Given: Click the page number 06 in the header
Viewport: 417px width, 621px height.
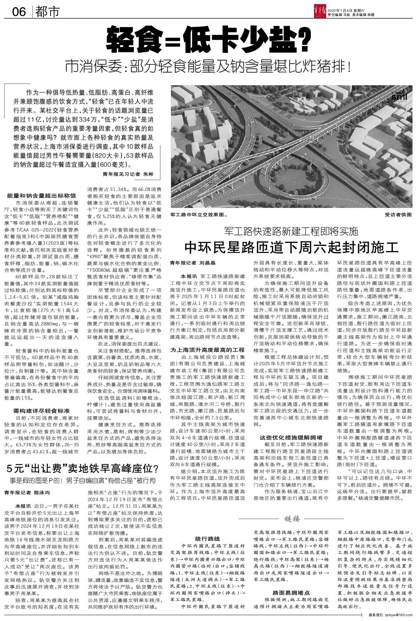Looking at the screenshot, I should (19, 12).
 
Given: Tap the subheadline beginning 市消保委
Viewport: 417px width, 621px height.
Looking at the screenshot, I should (208, 67).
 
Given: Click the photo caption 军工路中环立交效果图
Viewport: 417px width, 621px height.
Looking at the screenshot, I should (198, 215).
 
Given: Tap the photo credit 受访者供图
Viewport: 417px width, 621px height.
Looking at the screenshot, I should (398, 215).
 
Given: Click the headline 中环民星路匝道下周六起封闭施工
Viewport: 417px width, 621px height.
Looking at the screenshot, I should (292, 247).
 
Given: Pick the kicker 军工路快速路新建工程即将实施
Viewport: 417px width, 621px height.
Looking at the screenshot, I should (291, 231).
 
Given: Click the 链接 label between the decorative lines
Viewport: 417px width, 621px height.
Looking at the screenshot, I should (292, 518).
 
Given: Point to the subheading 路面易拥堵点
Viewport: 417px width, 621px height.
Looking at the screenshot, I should (291, 593).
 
